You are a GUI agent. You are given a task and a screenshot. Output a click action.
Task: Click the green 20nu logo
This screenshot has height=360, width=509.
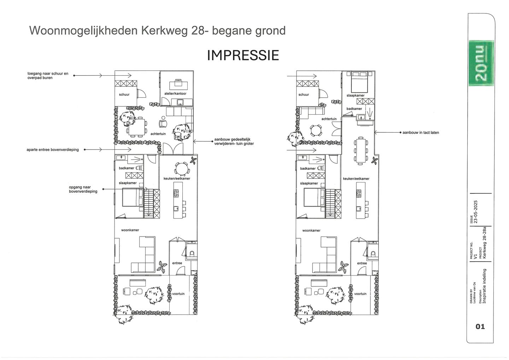(x=481, y=63)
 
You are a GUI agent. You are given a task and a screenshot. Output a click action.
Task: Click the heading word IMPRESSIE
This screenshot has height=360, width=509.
(x=243, y=56)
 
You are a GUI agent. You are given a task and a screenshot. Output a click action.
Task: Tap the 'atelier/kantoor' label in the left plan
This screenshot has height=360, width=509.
(x=175, y=94)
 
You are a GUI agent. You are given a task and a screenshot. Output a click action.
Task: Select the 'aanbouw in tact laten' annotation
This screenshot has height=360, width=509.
(x=421, y=133)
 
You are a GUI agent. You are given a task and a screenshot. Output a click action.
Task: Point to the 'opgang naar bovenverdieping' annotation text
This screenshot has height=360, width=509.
(x=83, y=189)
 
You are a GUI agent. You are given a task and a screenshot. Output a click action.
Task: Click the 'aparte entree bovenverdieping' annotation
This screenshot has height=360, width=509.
(x=53, y=150)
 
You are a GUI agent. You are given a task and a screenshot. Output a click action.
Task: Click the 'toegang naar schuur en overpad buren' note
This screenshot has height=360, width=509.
(x=48, y=76)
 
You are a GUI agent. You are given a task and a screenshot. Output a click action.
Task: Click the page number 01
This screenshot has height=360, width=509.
(x=480, y=326)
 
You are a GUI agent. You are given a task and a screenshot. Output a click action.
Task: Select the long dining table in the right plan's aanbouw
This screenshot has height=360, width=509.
(x=361, y=150)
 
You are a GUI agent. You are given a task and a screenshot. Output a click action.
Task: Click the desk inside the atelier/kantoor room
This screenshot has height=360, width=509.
(x=178, y=85)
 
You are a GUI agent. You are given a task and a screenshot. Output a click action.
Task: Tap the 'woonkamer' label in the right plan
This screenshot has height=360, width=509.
(x=311, y=231)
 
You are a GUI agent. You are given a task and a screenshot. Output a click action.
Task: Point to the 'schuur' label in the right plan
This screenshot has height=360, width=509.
(x=304, y=94)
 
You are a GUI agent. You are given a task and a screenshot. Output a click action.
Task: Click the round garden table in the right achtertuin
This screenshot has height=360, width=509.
(x=315, y=130)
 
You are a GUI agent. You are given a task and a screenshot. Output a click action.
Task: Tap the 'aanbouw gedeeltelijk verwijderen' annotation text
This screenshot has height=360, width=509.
(x=234, y=141)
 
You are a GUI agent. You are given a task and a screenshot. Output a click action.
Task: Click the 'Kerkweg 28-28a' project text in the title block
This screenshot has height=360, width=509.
(x=485, y=243)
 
